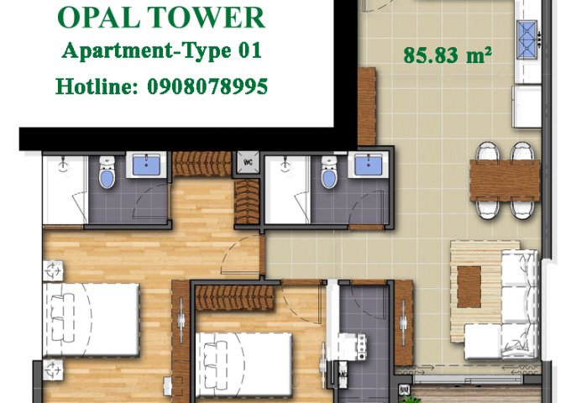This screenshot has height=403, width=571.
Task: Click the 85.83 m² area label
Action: pyautogui.click(x=447, y=56)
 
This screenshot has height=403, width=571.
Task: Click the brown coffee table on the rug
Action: pyautogui.click(x=469, y=286)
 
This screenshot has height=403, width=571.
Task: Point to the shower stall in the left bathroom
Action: pyautogui.click(x=65, y=190)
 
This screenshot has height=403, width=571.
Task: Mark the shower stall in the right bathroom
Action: pyautogui.click(x=286, y=190)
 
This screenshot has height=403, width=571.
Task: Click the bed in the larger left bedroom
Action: pyautogui.click(x=92, y=320)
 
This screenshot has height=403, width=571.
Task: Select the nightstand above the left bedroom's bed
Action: pyautogui.click(x=52, y=270)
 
